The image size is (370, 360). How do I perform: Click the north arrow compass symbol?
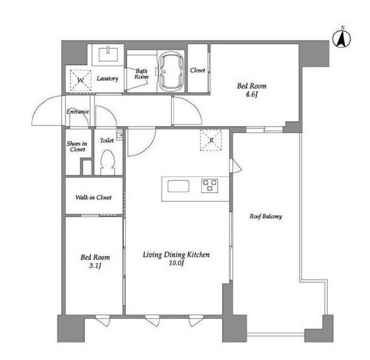(x=342, y=39)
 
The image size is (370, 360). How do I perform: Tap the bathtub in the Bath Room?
(x=171, y=71)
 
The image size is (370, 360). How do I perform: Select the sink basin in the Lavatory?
(x=108, y=54)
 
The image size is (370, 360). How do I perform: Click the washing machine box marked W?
(x=81, y=80)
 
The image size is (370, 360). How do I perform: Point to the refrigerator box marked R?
(x=211, y=140)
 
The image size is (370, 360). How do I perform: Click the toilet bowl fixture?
(x=107, y=162)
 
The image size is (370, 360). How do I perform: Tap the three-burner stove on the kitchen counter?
(x=209, y=186)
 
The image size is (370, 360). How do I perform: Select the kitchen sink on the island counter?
(x=178, y=186)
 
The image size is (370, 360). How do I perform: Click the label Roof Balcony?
(x=266, y=217)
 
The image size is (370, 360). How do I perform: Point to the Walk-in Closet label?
(x=93, y=198)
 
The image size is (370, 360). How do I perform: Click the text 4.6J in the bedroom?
(x=251, y=95)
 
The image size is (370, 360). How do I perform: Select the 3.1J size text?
(x=95, y=266)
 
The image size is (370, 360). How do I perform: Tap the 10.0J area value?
(x=176, y=263)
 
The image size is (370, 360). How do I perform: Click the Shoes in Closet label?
(x=77, y=146)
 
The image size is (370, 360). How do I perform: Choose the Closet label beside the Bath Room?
(x=198, y=70)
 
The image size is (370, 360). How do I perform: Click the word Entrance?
(x=78, y=112)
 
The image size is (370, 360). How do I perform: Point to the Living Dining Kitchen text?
(x=176, y=255)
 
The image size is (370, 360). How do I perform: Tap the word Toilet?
(x=107, y=140)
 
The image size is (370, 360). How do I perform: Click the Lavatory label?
(x=107, y=79)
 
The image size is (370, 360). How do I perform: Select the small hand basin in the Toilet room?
(x=120, y=135)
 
